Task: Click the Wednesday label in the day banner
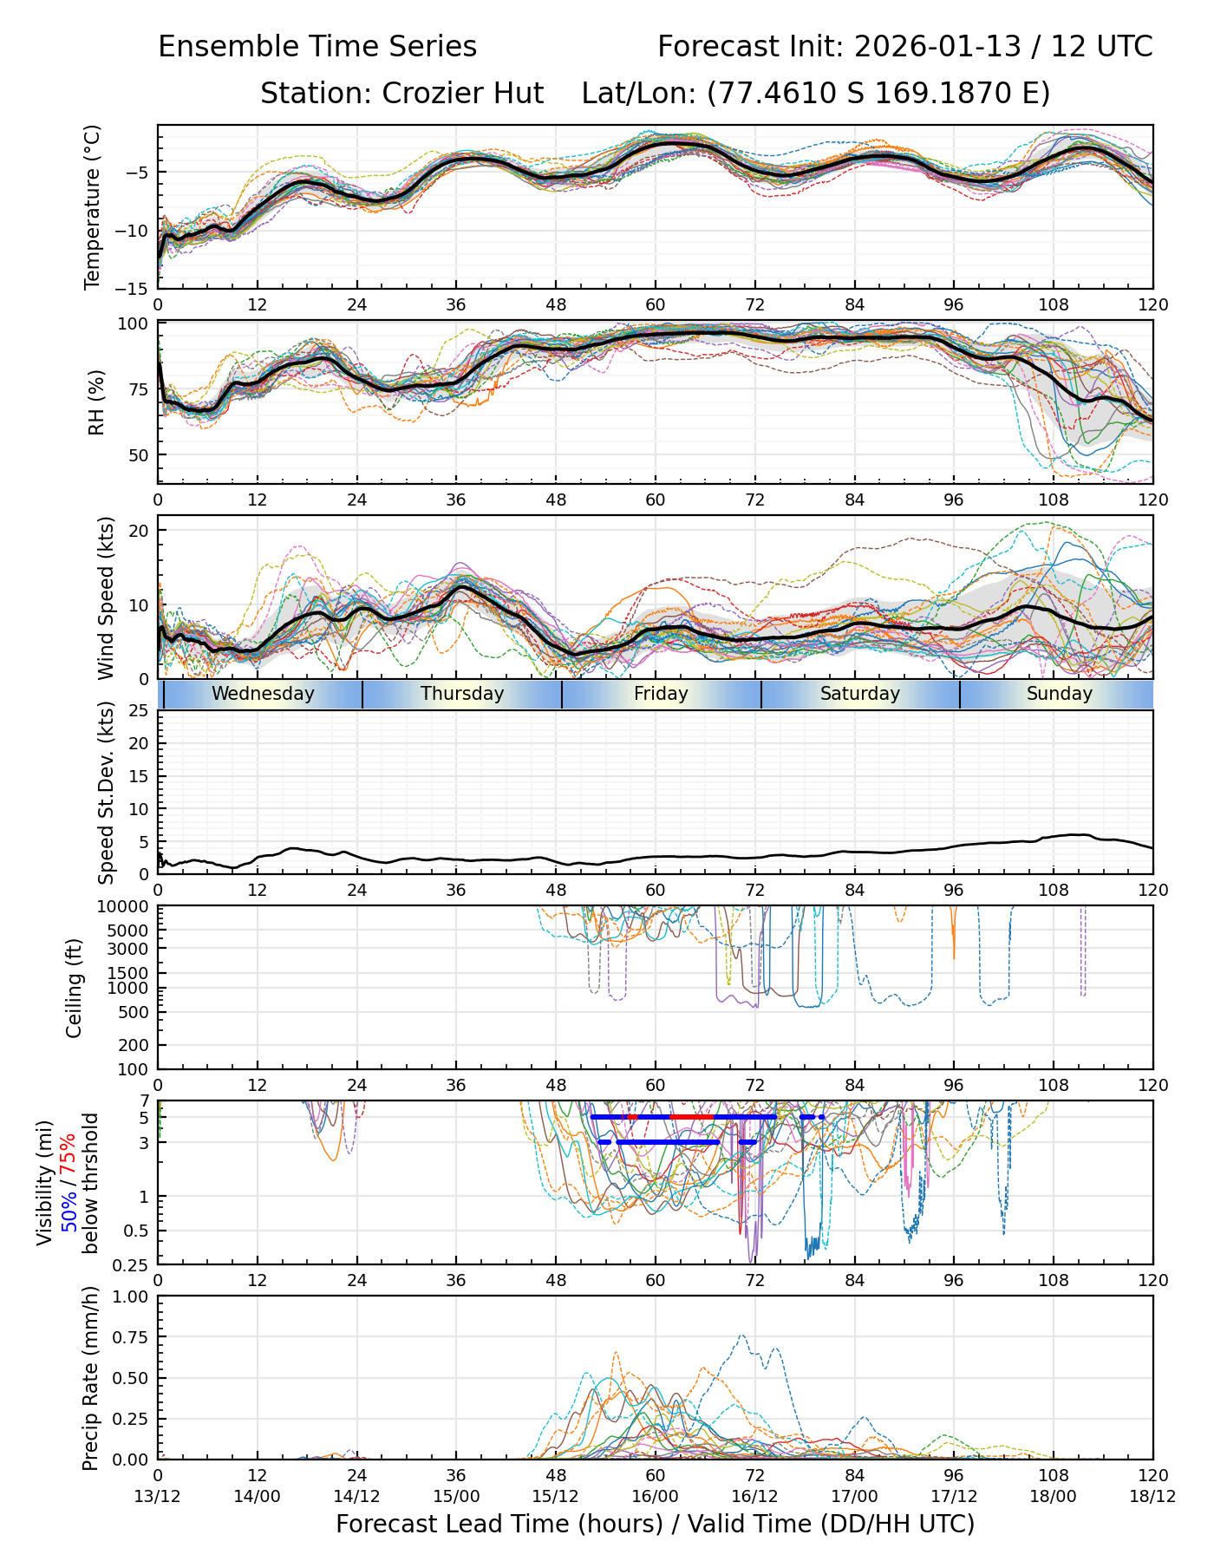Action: pyautogui.click(x=263, y=694)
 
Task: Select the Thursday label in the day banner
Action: pyautogui.click(x=462, y=694)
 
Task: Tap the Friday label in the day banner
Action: pyautogui.click(x=661, y=694)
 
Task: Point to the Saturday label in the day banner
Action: pyautogui.click(x=860, y=694)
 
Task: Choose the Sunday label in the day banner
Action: pyautogui.click(x=1059, y=694)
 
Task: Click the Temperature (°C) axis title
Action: pyautogui.click(x=93, y=206)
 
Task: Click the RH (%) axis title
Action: pyautogui.click(x=95, y=402)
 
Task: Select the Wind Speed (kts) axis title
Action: pyautogui.click(x=106, y=598)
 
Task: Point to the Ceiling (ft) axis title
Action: pyautogui.click(x=75, y=988)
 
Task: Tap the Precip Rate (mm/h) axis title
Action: pyautogui.click(x=91, y=1378)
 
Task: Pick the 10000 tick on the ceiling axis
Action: pyautogui.click(x=127, y=907)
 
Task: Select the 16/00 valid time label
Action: pyautogui.click(x=655, y=1496)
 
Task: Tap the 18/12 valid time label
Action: pyautogui.click(x=1152, y=1496)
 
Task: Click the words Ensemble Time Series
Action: pyautogui.click(x=317, y=47)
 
